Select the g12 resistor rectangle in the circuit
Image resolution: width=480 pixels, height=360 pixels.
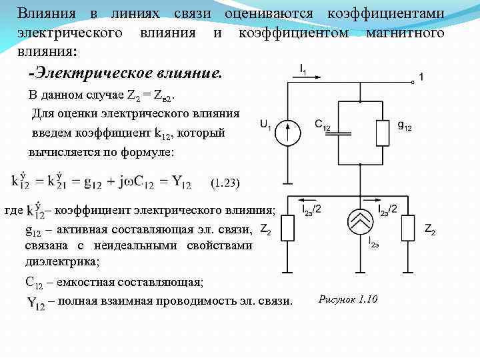(382, 133)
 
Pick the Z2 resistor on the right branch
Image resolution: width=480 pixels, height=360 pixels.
(407, 229)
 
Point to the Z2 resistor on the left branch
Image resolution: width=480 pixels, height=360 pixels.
(288, 229)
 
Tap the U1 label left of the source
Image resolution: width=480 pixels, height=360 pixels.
(265, 125)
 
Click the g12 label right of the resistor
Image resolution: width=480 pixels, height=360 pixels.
(404, 125)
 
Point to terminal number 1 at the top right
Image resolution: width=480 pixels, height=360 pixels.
(421, 77)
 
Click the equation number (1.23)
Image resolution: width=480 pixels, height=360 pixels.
(224, 182)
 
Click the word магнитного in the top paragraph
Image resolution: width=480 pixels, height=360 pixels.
(406, 33)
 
